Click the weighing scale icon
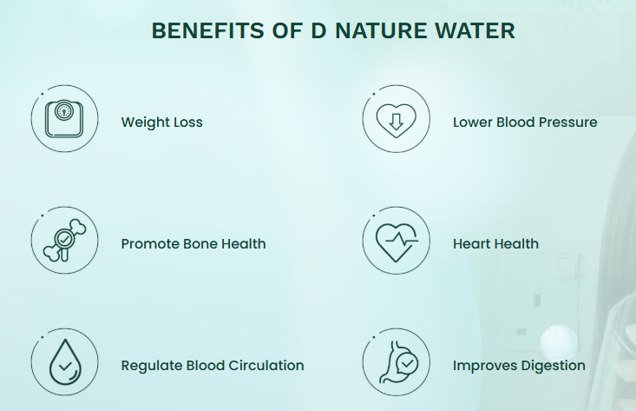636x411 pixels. (x=64, y=118)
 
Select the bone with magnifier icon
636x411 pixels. (x=64, y=241)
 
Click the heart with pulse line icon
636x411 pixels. (x=397, y=242)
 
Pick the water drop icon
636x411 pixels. (x=65, y=361)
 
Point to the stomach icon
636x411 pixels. (x=399, y=362)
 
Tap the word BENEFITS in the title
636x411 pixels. (x=207, y=31)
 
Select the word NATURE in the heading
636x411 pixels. (x=381, y=31)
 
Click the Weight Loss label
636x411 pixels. (x=162, y=123)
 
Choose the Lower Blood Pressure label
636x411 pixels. (x=525, y=123)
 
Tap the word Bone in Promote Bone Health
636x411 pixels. (x=200, y=243)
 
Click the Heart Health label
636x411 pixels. (x=495, y=243)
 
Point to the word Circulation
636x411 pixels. (x=266, y=366)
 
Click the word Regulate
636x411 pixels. (x=152, y=366)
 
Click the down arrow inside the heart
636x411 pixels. (x=397, y=122)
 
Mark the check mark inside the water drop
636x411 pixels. (x=65, y=367)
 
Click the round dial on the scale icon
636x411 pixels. (x=64, y=110)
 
